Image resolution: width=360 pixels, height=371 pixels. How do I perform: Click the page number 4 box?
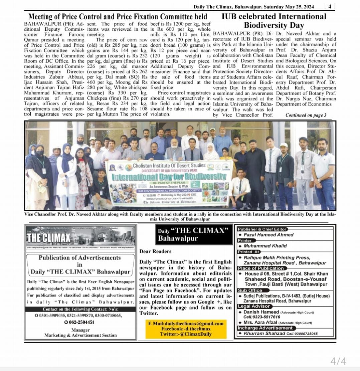coord(329,6)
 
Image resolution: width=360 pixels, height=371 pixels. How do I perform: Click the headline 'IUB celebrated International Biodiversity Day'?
coord(274,21)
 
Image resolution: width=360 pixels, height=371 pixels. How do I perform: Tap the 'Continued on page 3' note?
coord(306,115)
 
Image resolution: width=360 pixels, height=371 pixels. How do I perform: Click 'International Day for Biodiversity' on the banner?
coord(169,176)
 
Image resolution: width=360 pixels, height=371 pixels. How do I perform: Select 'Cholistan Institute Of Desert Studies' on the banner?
coord(169,165)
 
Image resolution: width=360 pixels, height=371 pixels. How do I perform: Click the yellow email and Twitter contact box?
coord(186,329)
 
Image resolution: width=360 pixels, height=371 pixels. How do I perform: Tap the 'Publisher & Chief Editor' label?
coord(262,229)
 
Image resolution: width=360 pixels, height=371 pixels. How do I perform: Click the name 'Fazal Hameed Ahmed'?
coord(268,235)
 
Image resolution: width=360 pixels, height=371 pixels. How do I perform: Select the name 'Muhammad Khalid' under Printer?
coord(265,246)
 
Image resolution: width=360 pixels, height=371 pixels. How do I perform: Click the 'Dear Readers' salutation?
coord(155,251)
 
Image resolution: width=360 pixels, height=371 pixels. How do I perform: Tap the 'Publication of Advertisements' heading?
coord(79,257)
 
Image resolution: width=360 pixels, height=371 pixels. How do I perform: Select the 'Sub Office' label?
coord(250,290)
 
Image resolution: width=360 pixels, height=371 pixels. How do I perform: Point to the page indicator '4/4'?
coord(338,361)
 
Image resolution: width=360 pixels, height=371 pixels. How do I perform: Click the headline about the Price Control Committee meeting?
coord(118,17)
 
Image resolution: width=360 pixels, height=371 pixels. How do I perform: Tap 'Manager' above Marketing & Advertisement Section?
coord(80,330)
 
